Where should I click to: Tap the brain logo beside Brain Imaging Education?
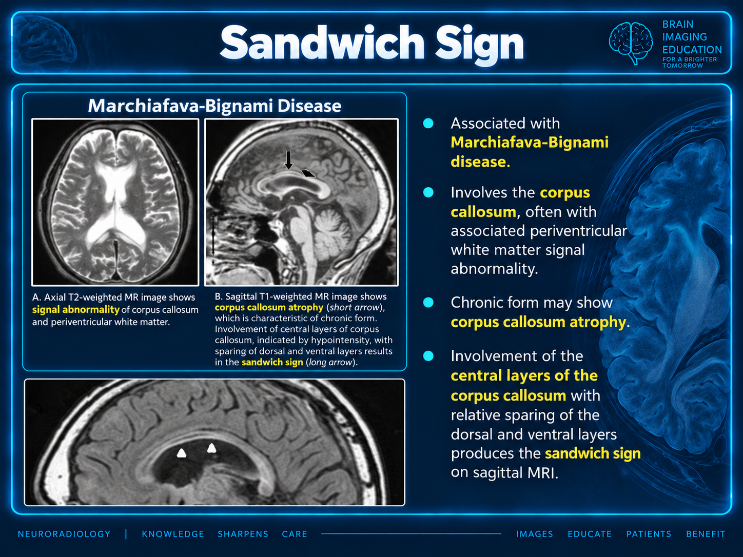coord(631,43)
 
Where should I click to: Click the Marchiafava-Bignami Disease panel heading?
coord(214,106)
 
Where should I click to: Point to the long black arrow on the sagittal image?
coord(288,160)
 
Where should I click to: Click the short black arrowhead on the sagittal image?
coord(308,173)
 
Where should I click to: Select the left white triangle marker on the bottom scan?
coord(182,453)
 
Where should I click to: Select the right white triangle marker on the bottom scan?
coord(211,448)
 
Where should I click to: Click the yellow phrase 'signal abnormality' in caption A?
coord(76,309)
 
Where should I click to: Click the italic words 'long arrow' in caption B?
coord(331,362)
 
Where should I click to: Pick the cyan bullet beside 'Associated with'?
coord(428,123)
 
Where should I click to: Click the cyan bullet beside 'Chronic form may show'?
coord(428,302)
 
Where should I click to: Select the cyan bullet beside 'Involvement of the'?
coord(428,356)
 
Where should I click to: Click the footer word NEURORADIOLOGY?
coord(64,534)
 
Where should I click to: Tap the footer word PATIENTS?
coord(649,534)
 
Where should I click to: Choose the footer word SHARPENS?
coord(243,534)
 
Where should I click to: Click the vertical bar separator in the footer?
coord(126,534)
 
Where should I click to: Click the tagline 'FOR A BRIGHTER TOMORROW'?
coord(690,62)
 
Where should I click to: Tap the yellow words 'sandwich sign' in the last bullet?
coord(593,453)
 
